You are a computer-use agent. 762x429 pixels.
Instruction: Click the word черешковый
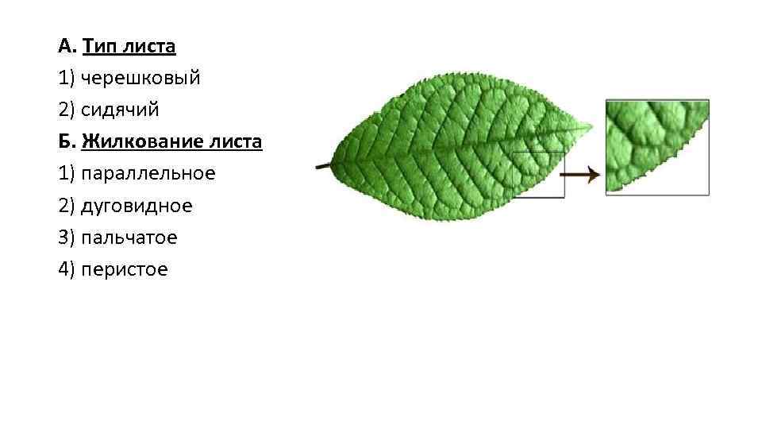point(140,79)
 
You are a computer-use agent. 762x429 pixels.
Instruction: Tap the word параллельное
point(148,174)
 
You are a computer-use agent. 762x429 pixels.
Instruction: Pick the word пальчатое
point(129,238)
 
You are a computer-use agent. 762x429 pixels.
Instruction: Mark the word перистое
point(125,269)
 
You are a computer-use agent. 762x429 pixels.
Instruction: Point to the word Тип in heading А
point(99,46)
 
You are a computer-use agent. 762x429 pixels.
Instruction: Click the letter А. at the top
point(66,46)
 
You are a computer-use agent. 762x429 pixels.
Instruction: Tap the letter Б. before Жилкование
point(65,142)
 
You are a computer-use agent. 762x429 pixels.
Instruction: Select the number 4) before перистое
point(67,269)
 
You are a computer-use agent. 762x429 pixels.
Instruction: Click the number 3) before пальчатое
point(67,238)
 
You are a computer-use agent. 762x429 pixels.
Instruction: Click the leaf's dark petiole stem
point(323,166)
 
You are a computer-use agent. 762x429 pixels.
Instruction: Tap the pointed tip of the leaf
point(589,126)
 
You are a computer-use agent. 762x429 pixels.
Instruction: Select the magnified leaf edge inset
point(656,147)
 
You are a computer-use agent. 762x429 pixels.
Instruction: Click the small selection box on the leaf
point(538,175)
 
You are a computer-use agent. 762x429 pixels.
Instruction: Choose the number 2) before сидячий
point(67,110)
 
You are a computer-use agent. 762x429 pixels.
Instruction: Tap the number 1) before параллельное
point(67,174)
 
